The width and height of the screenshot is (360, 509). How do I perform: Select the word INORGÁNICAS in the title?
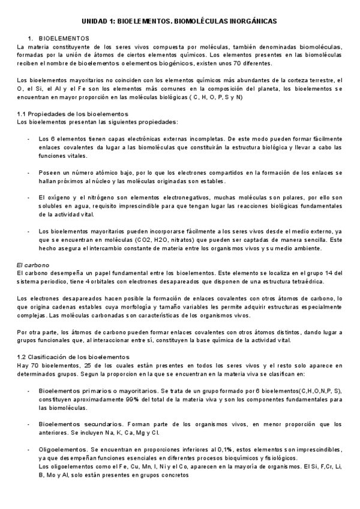pos(251,20)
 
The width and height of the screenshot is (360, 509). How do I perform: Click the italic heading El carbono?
pos(32,265)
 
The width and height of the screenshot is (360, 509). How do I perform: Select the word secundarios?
pos(95,423)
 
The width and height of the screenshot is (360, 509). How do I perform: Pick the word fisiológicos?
pos(276,457)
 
